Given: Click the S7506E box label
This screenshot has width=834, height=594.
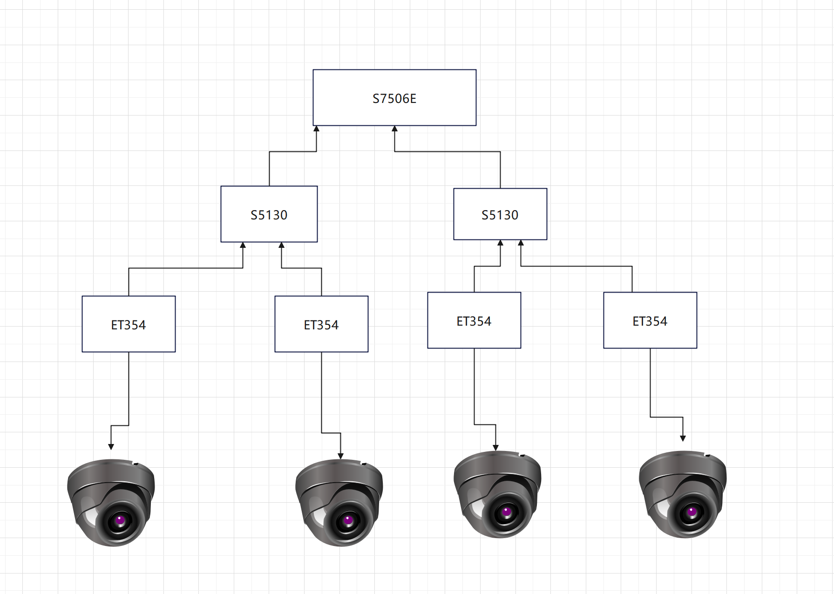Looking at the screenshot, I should [394, 99].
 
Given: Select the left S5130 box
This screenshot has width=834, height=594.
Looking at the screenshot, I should [269, 214].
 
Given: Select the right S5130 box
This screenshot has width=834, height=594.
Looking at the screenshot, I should [500, 214].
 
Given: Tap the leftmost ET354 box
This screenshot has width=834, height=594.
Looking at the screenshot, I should [129, 324].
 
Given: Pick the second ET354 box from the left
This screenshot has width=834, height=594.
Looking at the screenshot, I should [321, 324].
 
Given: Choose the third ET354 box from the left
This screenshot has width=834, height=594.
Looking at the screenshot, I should [474, 321].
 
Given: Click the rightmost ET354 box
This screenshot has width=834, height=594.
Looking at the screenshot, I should [650, 321].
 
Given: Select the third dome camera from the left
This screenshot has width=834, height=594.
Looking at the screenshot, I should [497, 494].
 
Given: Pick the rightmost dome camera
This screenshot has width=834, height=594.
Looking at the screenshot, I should [683, 494].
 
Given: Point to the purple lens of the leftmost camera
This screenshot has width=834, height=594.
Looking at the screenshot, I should [120, 519].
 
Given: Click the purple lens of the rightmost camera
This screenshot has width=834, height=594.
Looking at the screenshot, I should [692, 512].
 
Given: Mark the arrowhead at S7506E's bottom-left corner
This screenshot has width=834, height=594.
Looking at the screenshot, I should [317, 129].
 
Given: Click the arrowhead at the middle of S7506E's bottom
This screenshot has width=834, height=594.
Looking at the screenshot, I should [395, 129].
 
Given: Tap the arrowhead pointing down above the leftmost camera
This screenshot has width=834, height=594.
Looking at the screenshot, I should [111, 446].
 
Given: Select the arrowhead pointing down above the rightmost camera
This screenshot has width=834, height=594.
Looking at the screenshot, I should [683, 438].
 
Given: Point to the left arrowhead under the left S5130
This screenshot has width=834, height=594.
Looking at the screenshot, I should [243, 246].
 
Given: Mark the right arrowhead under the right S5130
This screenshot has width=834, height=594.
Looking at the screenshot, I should [521, 243].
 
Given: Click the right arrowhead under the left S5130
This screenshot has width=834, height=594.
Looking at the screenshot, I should [281, 246].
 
